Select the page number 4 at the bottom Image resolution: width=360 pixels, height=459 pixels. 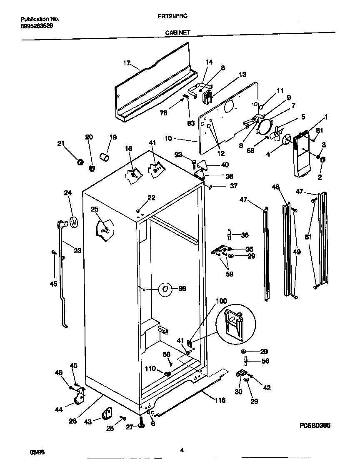click(182, 449)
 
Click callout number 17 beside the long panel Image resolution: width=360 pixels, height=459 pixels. click(127, 63)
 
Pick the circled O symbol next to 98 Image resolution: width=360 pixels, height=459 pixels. click(165, 289)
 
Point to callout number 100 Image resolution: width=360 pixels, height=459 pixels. click(222, 301)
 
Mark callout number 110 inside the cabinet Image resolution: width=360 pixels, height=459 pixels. click(150, 369)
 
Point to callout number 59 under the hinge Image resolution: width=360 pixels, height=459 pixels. click(230, 274)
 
